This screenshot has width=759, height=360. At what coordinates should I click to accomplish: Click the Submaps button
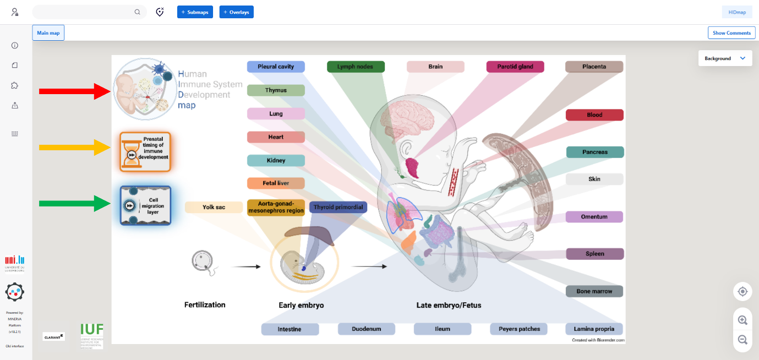pos(195,12)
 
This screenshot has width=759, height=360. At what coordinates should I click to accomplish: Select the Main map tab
pos(48,33)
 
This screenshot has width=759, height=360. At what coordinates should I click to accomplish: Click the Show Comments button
pos(731,33)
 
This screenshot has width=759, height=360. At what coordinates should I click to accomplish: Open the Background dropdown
pos(725,58)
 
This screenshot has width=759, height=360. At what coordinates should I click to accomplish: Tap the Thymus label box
pos(276,90)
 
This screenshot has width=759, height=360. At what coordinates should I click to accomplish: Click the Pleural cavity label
pos(276,67)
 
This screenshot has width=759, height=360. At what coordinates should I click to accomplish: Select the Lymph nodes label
pos(356,67)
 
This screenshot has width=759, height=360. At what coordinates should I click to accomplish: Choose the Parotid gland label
pos(515,67)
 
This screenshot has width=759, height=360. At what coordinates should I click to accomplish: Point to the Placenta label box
pos(594,67)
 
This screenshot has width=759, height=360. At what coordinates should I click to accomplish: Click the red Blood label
pos(594,115)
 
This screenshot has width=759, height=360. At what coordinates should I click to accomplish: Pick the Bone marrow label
pos(594,291)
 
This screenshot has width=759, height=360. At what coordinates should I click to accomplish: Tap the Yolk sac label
pos(214,208)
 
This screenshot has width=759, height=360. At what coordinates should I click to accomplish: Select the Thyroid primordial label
pos(338,208)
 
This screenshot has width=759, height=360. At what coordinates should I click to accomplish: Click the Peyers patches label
pos(518,329)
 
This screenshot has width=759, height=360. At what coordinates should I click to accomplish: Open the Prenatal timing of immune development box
pos(145,151)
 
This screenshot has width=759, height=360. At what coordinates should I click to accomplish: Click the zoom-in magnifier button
pos(742,320)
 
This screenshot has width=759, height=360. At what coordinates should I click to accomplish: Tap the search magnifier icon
pos(138,12)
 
